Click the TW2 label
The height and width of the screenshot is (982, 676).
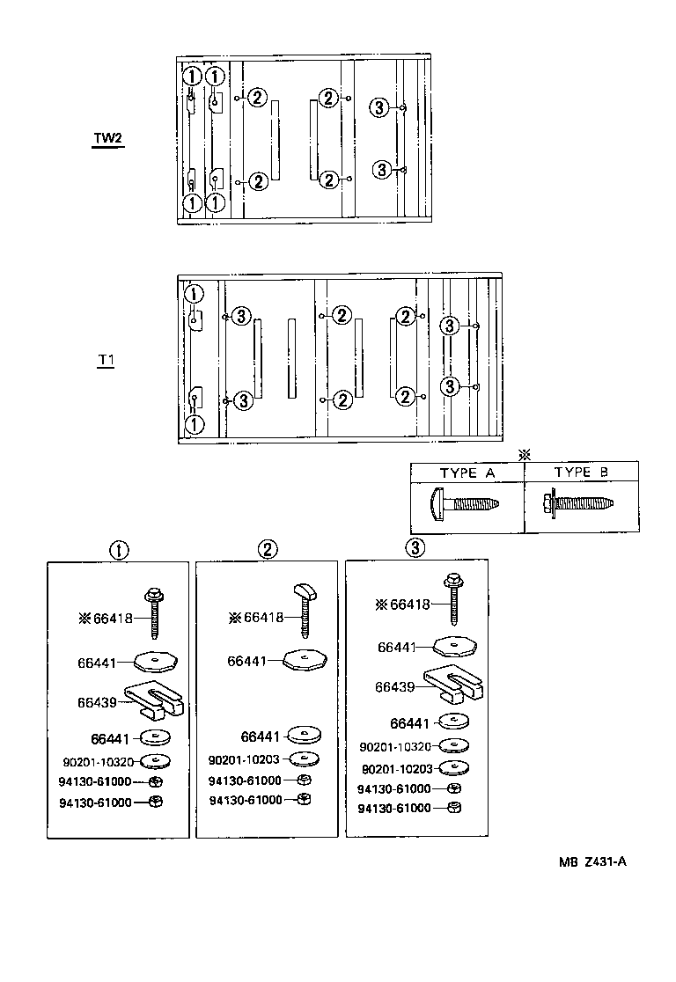click(108, 140)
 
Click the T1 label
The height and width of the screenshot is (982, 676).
click(106, 361)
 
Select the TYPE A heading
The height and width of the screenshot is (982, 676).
click(467, 473)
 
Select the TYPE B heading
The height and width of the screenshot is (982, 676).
click(581, 473)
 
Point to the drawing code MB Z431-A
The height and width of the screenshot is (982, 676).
click(591, 861)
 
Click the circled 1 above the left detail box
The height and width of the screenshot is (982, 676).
click(118, 550)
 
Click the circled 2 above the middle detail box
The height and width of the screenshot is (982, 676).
click(268, 549)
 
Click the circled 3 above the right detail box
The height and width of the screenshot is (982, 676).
click(415, 548)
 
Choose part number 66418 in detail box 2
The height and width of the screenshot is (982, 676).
click(264, 618)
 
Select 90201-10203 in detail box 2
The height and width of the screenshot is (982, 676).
click(246, 759)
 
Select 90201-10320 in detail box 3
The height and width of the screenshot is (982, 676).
click(395, 746)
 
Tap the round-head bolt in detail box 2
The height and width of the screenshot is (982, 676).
click(304, 607)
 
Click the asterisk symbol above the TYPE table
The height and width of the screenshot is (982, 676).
click(525, 455)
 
